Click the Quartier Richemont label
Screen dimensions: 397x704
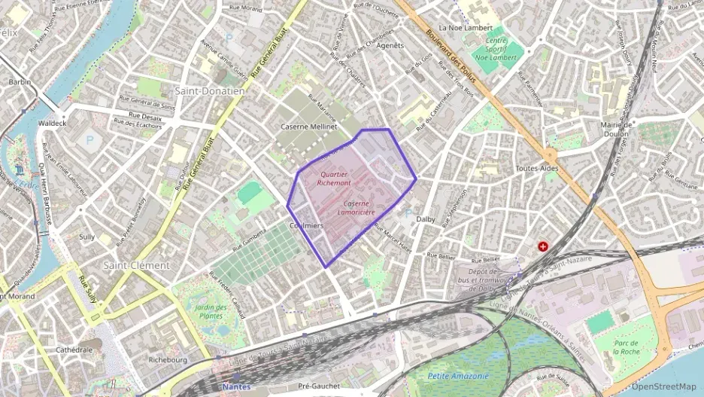(x=334, y=178)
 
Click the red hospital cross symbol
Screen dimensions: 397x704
(x=542, y=246)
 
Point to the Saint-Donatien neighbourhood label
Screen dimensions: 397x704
(x=210, y=90)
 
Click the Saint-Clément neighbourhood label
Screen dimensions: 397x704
(x=137, y=265)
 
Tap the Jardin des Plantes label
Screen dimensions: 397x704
(x=211, y=311)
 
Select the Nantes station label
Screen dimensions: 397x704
(x=238, y=386)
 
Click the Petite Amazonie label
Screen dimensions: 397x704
(x=457, y=375)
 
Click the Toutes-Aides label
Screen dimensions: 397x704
(x=538, y=168)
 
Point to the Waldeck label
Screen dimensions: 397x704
(x=52, y=122)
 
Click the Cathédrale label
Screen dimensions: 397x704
(x=74, y=350)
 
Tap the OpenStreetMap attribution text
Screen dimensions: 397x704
(x=663, y=386)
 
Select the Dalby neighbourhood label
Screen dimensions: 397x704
(x=426, y=219)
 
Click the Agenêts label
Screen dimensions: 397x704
(x=390, y=45)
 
